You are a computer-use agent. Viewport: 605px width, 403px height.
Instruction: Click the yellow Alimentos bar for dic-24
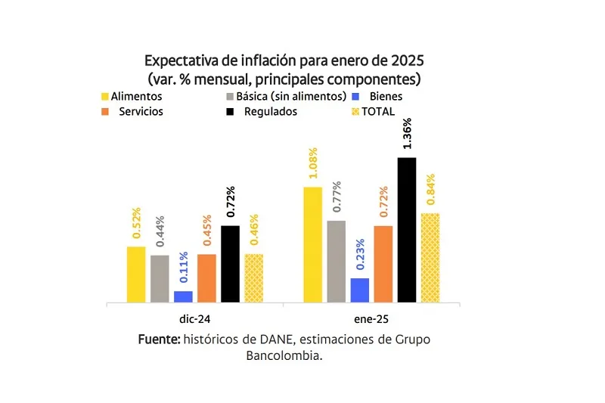136,274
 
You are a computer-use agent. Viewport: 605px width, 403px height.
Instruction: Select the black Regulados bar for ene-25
407,230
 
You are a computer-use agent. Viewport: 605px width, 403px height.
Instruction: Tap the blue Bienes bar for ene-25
360,290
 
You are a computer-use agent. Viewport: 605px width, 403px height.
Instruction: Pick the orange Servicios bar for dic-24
206,278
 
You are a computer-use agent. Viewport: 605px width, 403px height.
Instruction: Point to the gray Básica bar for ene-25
337,262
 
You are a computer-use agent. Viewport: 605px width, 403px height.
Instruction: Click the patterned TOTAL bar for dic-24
254,278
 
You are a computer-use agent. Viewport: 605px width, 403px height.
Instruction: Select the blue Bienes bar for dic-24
183,296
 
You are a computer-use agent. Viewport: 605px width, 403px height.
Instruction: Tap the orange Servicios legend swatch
105,112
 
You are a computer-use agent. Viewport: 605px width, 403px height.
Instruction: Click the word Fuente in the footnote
159,339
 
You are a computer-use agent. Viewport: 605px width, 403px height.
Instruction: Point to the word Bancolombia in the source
284,355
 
